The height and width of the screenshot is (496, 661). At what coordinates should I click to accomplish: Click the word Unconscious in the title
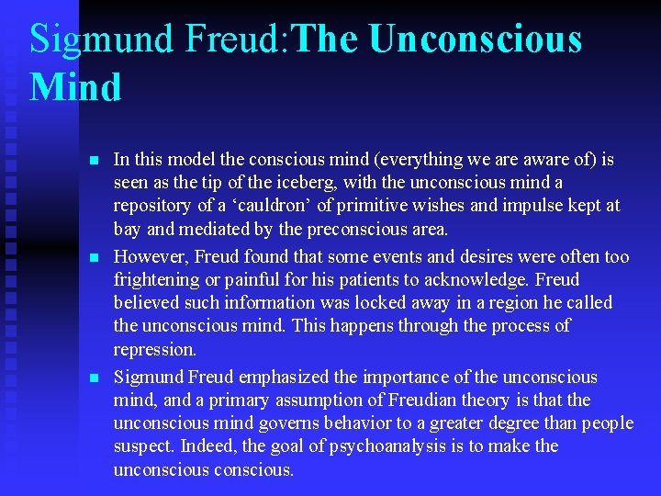tap(476, 39)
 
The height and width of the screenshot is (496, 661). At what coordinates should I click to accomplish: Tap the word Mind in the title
tap(75, 88)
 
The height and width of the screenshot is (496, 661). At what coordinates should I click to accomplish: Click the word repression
tap(154, 349)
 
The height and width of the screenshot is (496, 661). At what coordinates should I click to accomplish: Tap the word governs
tap(273, 423)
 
